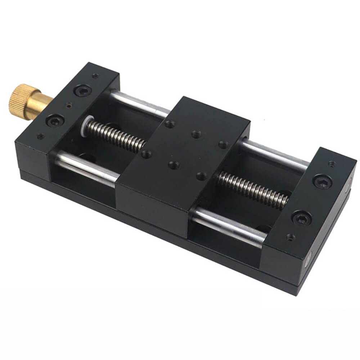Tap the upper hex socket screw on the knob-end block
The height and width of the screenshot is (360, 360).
coord(83,90)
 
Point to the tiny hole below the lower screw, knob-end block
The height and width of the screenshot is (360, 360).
coord(41,136)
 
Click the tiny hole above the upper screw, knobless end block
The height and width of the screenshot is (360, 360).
coord(331,164)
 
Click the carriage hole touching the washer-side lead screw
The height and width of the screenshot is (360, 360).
coord(146,154)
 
